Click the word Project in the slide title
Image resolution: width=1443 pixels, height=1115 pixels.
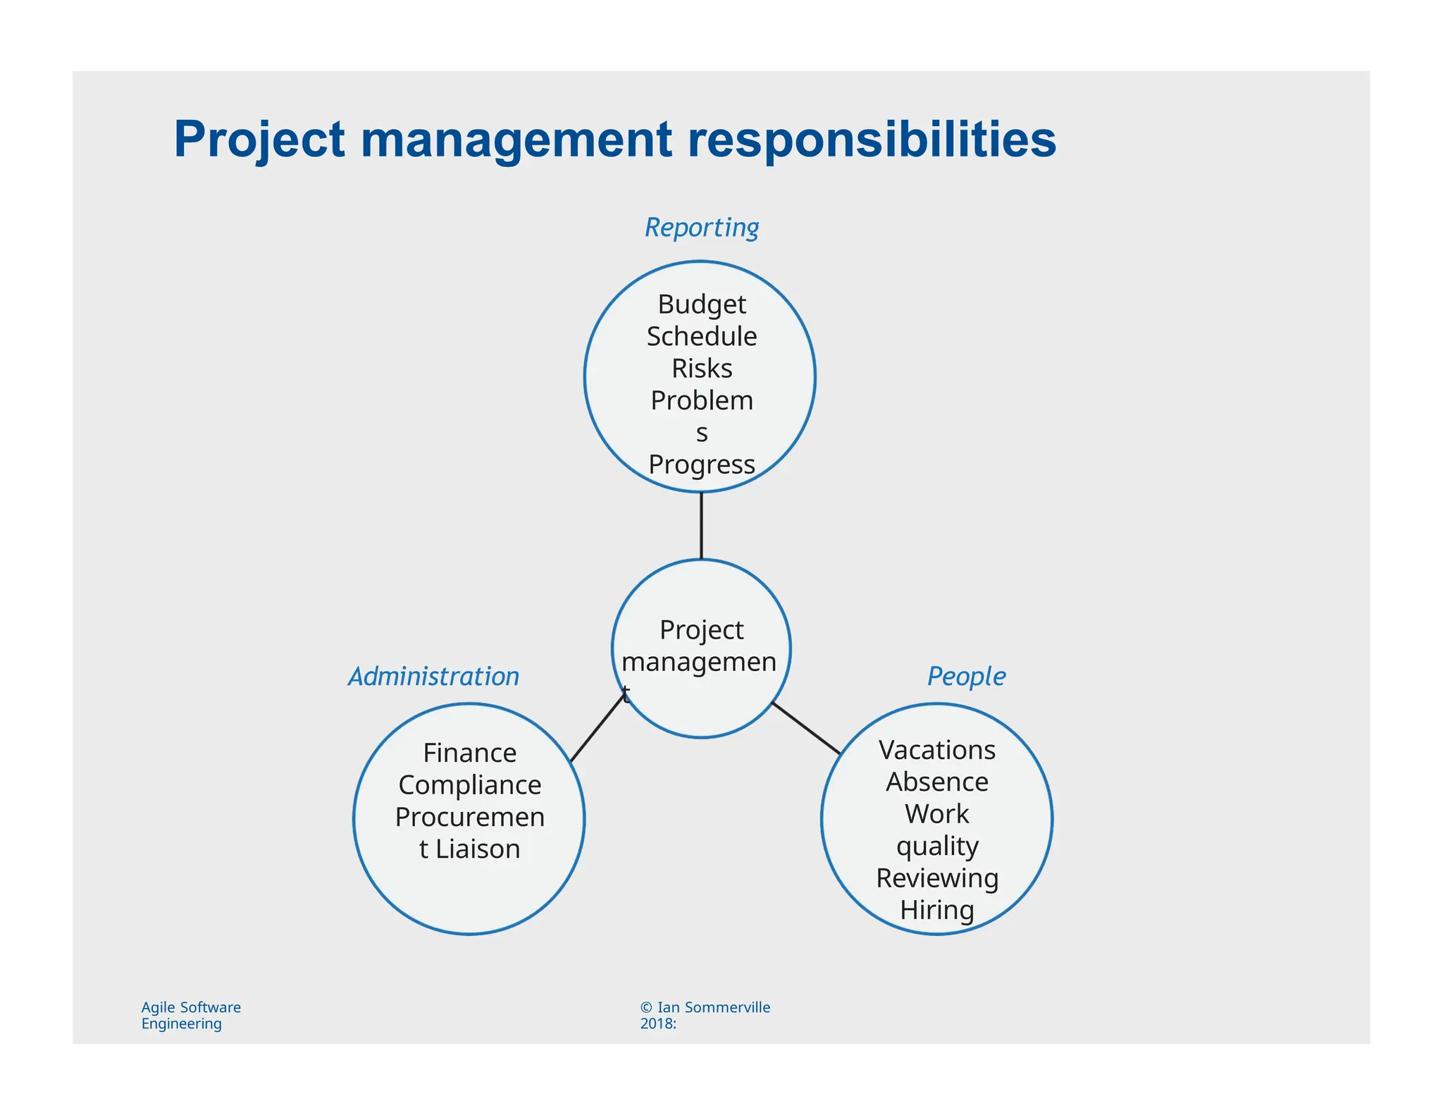[x=259, y=139]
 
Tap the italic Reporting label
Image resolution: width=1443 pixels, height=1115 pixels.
[x=702, y=228]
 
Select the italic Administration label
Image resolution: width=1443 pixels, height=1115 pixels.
[x=433, y=677]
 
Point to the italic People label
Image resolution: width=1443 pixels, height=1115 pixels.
[x=966, y=677]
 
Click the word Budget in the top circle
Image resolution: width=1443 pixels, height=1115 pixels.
[x=702, y=304]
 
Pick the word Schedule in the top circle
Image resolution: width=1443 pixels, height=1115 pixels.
[x=702, y=337]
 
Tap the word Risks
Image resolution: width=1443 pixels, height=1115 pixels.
[x=702, y=369]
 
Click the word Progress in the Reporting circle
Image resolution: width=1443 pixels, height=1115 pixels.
[x=702, y=465]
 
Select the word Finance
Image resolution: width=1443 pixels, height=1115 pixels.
[x=470, y=753]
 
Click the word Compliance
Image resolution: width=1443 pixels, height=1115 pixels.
[x=470, y=785]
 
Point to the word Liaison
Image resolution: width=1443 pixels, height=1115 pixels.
[x=478, y=849]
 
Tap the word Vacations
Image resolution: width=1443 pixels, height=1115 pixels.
[x=937, y=750]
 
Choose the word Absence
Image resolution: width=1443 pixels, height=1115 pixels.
[x=937, y=782]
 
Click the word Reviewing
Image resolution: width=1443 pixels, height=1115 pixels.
[x=937, y=878]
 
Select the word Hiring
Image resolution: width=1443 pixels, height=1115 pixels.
[x=937, y=911]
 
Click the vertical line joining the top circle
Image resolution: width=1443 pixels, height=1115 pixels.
[x=701, y=526]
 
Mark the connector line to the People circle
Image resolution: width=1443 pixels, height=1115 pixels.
[x=806, y=728]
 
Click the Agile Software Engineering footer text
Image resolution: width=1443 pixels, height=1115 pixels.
[x=190, y=1016]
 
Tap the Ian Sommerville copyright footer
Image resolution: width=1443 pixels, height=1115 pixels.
[x=705, y=1016]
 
